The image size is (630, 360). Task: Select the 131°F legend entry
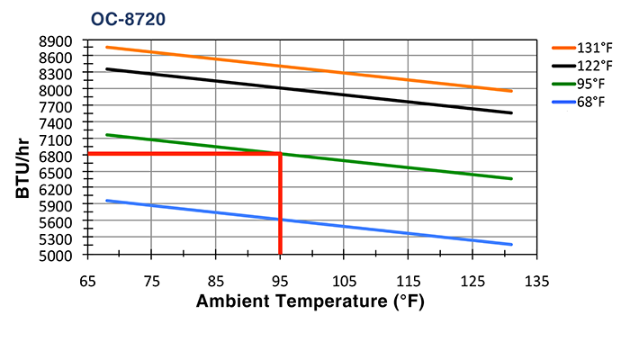(595, 49)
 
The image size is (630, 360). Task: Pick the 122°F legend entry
(595, 66)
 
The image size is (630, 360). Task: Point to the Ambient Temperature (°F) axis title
(310, 301)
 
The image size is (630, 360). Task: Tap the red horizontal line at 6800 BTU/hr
(180, 154)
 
